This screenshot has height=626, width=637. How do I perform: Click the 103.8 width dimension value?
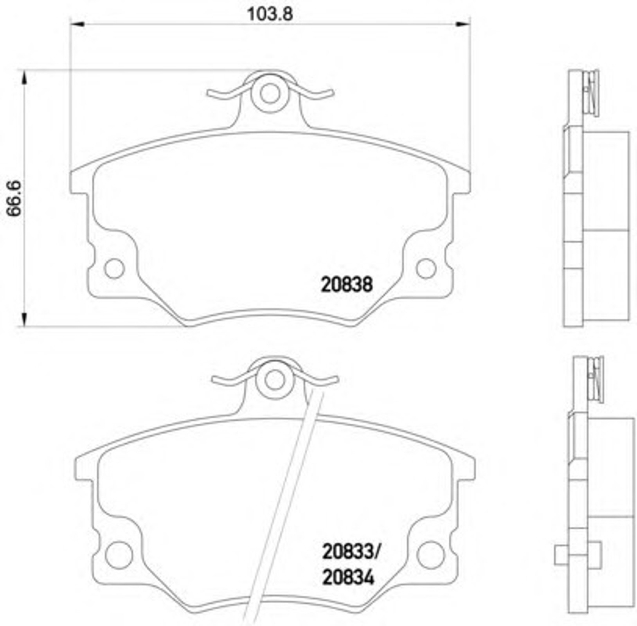click(x=270, y=14)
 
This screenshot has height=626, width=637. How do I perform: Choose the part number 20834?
click(x=348, y=578)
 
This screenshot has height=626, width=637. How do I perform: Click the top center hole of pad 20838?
click(x=270, y=94)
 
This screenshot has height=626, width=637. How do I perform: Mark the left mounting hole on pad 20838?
click(x=115, y=269)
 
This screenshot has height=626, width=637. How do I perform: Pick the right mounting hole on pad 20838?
click(x=426, y=269)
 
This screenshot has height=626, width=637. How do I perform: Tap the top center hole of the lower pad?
click(x=275, y=380)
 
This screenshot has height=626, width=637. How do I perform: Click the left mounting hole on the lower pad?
click(x=119, y=555)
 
